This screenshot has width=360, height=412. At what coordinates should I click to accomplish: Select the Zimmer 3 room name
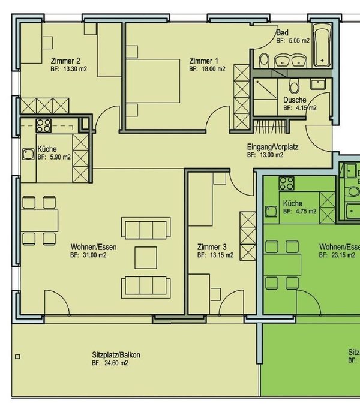pyautogui.click(x=211, y=246)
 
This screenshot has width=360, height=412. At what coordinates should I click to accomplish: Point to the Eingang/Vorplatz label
pyautogui.click(x=272, y=146)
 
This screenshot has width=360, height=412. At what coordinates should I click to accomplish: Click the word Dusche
pyautogui.click(x=295, y=100)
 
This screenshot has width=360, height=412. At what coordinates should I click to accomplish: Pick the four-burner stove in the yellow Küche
pyautogui.click(x=44, y=125)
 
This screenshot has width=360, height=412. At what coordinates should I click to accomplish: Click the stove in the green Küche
pyautogui.click(x=286, y=184)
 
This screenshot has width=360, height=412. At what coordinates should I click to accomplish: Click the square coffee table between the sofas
pyautogui.click(x=145, y=257)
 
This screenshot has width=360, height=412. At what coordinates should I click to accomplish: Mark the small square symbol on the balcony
pyautogui.click(x=19, y=357)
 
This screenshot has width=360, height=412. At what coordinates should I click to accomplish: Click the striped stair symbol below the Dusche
pyautogui.click(x=263, y=127)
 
